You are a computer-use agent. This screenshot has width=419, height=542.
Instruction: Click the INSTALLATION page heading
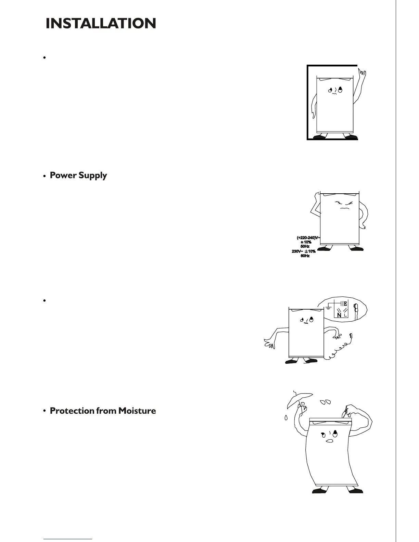101,24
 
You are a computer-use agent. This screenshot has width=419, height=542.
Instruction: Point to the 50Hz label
305,246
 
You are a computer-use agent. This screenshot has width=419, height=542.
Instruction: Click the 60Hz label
305,256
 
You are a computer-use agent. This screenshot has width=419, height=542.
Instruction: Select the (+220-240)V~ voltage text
308,237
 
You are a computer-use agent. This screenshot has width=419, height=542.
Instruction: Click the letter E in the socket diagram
345,304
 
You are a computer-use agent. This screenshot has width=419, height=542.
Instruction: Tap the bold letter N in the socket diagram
339,315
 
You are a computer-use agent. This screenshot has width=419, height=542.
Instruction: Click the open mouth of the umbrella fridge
329,441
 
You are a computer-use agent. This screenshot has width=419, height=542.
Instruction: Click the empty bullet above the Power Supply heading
45,58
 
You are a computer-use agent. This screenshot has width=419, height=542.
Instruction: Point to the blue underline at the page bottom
68,539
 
